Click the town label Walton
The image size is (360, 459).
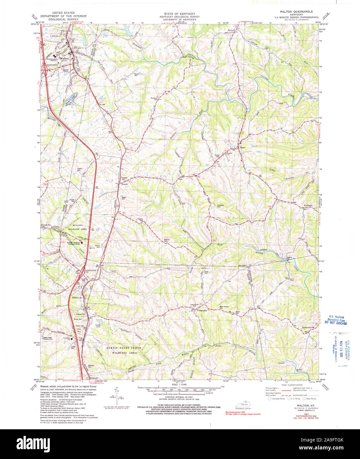tap(64, 58)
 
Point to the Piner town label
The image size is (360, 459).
tap(243, 147)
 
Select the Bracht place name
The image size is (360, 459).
tap(125, 184)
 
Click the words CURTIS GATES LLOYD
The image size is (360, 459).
tap(124, 348)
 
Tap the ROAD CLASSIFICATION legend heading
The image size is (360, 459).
tap(292, 385)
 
